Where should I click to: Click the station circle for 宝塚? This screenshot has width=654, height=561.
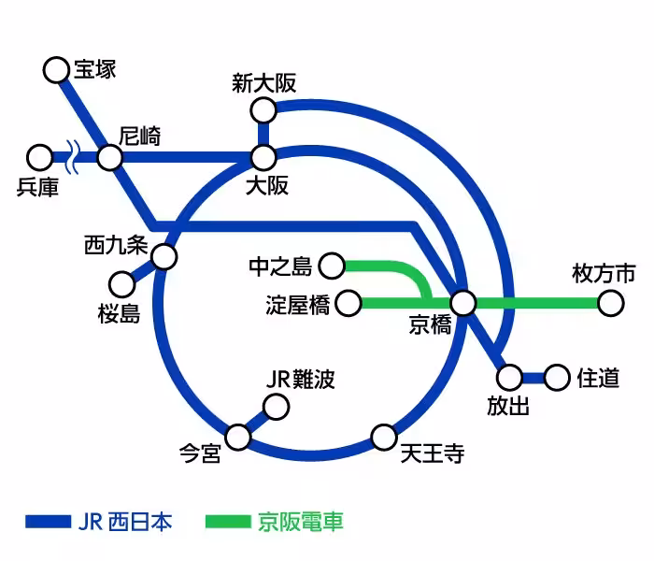coord(57,68)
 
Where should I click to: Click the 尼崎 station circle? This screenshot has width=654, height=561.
coord(109,157)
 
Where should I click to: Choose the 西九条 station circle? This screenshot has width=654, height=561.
coord(164,256)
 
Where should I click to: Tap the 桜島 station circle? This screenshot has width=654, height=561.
coord(121,282)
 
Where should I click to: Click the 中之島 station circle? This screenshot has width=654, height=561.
coord(332,266)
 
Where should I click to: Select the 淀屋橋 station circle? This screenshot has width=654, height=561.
coord(348,303)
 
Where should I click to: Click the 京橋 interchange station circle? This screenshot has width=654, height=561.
coord(463,303)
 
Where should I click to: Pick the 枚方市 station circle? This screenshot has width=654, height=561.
coord(610,303)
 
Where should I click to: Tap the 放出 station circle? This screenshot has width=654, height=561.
coord(509,378)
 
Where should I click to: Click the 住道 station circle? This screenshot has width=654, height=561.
coord(557,378)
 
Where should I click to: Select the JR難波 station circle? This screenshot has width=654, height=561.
coord(276,408)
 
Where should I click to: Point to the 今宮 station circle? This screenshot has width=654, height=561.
coord(238,436)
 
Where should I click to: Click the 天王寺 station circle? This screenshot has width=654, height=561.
coord(384,436)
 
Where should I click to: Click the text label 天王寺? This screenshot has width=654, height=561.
coord(432,457)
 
